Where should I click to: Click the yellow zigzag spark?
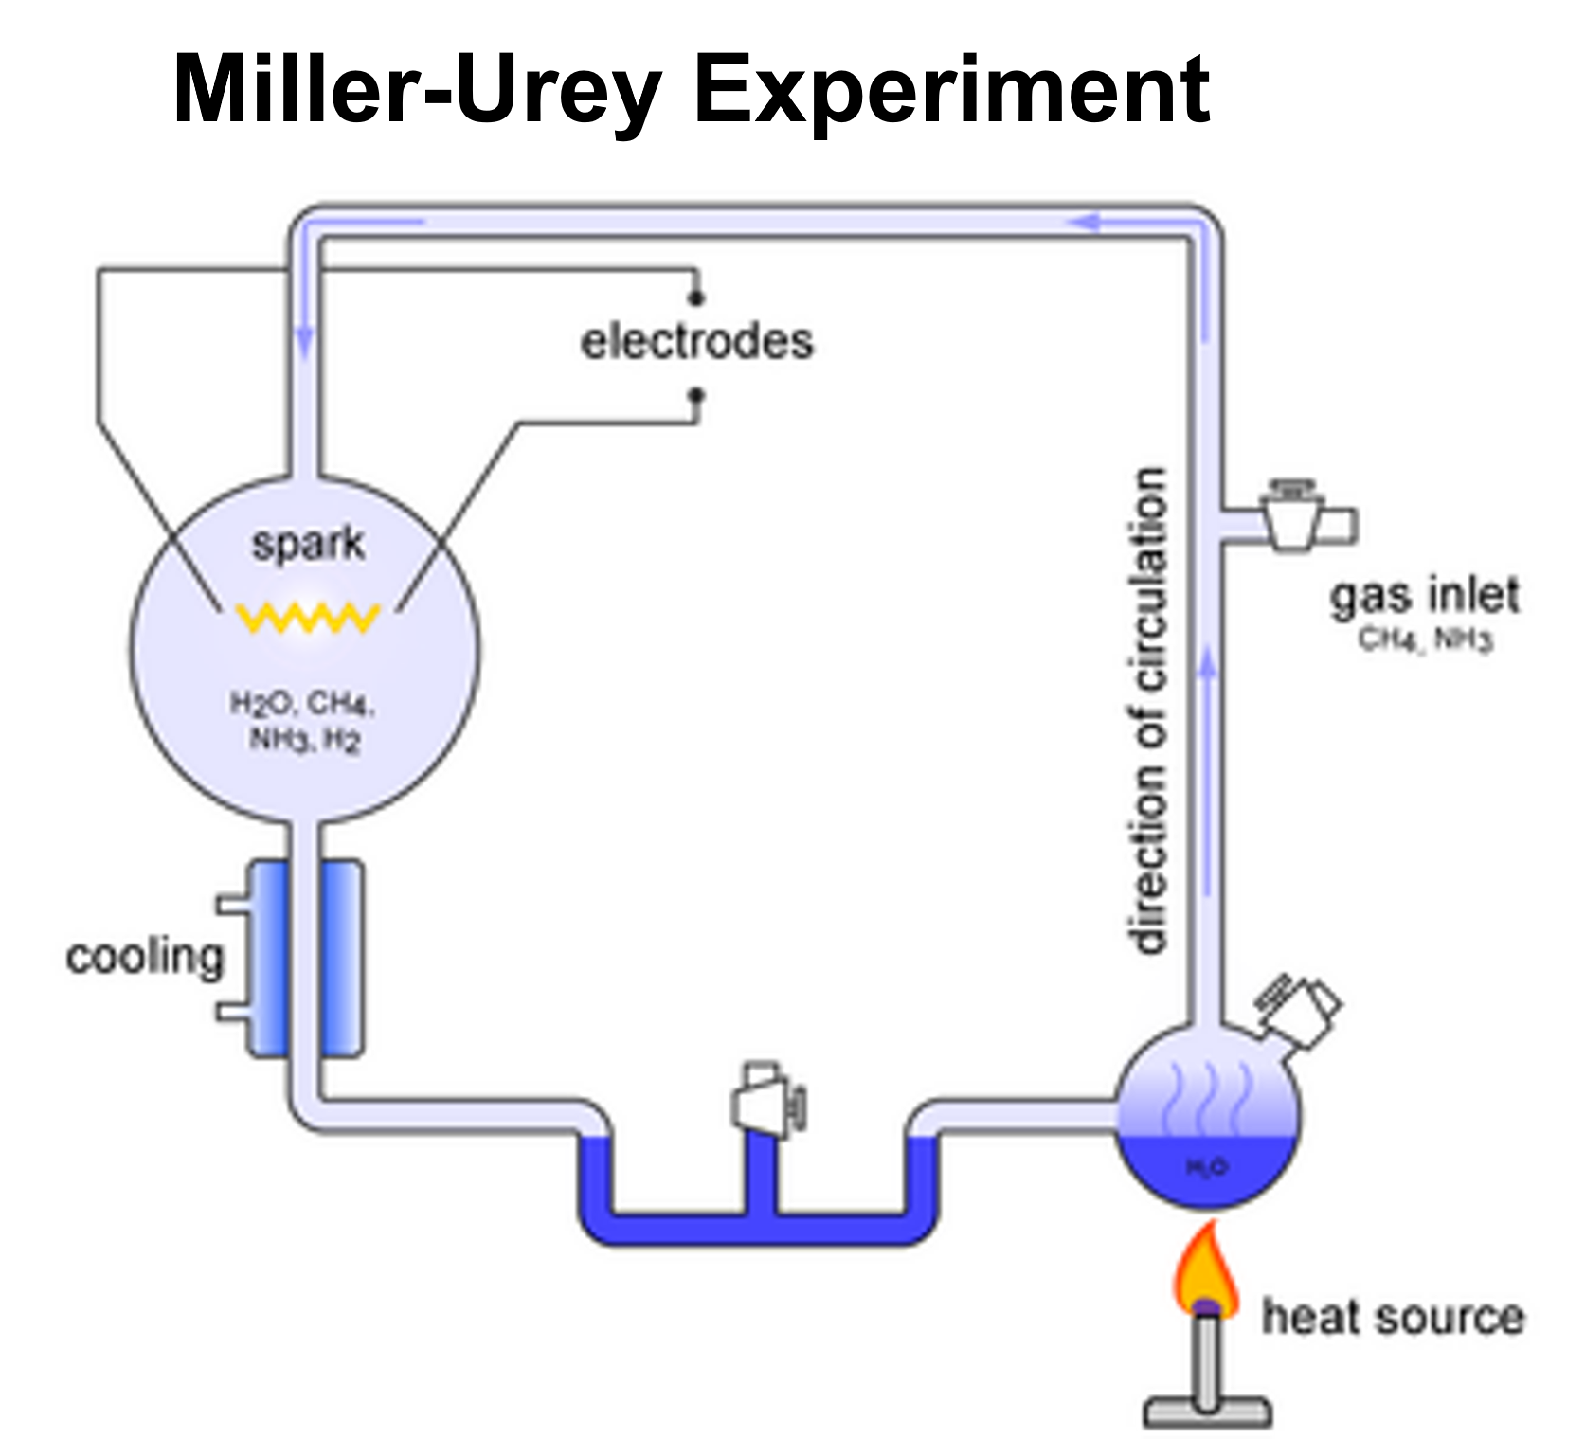(x=308, y=618)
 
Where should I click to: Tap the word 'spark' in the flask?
(x=308, y=544)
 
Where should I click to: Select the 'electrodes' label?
(x=696, y=342)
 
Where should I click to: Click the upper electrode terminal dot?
(x=696, y=298)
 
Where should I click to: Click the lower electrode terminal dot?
(x=696, y=394)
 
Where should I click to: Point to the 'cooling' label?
(x=145, y=957)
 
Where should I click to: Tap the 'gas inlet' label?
(x=1425, y=596)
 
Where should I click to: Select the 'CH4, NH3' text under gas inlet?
(x=1425, y=639)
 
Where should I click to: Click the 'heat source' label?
(x=1393, y=1317)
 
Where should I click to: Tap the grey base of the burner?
(x=1207, y=1411)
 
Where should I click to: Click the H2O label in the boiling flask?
(x=1207, y=1166)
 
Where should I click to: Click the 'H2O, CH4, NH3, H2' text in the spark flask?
(x=304, y=721)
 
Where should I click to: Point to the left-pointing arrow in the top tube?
(x=1085, y=223)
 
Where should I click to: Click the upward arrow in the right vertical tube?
(x=1207, y=663)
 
